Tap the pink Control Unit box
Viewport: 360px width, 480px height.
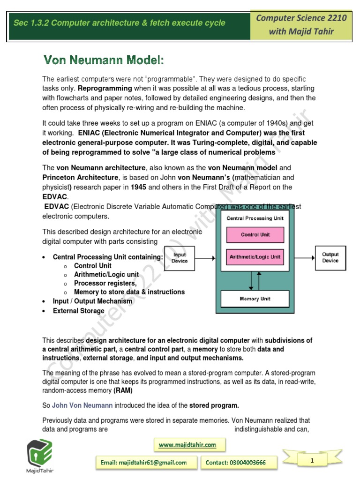tap(255, 234)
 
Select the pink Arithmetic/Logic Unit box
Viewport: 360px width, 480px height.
tap(255, 257)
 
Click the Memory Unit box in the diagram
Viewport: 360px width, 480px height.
tap(255, 299)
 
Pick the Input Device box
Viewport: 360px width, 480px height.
tap(180, 258)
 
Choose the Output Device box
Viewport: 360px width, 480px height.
tap(330, 258)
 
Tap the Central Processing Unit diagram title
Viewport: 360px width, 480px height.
tap(255, 218)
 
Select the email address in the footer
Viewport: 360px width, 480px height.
tap(144, 463)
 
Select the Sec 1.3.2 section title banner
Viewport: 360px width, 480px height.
tap(120, 23)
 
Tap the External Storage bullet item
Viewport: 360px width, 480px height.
tap(78, 311)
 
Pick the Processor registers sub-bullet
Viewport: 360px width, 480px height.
tap(105, 283)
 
